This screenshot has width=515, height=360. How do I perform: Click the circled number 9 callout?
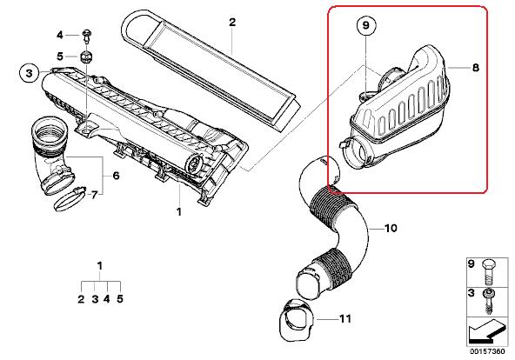pos(366,25)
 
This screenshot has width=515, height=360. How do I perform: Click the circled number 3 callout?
pos(30,73)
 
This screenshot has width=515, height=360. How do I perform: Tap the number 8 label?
pos(475,68)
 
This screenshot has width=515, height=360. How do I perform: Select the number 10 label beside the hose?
pos(391,228)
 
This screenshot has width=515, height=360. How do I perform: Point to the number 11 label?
pos(344,318)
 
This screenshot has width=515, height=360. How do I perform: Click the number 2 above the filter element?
pos(232,22)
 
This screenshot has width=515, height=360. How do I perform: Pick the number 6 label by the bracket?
pos(116,176)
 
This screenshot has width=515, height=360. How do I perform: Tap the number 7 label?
pos(95,196)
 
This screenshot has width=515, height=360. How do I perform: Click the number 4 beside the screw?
pos(59,35)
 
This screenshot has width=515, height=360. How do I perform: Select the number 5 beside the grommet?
pos(60,57)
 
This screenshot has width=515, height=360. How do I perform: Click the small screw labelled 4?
pos(87,37)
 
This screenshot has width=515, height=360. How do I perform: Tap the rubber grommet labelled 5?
pos(86,57)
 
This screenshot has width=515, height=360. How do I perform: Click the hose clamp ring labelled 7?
pos(70,198)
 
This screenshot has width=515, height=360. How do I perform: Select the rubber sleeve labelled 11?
pos(297,320)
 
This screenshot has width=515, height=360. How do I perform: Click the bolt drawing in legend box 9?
pos(489,272)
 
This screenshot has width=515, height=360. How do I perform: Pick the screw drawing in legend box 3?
pos(488,301)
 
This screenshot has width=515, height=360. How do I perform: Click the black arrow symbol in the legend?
pos(486,332)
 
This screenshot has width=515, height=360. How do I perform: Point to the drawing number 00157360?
pos(487,351)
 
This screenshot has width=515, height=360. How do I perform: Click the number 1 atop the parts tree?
pos(100,265)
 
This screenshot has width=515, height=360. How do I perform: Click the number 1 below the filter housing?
pos(179,212)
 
